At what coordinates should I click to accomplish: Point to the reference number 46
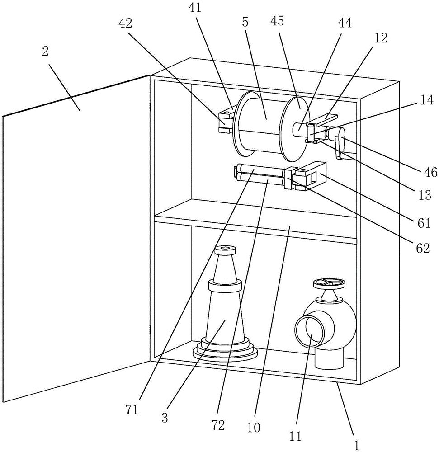pyautogui.click(x=431, y=172)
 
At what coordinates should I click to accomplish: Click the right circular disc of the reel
pyautogui.click(x=296, y=129)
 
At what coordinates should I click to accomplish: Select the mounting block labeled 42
pyautogui.click(x=225, y=121)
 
